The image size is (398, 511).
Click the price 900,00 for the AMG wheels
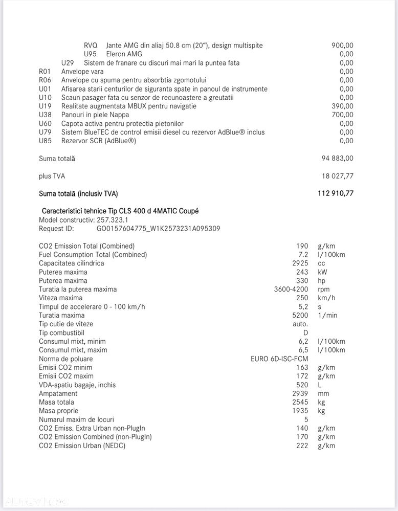(x=342, y=46)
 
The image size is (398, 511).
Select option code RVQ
(x=91, y=46)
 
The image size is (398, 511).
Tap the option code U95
(x=90, y=54)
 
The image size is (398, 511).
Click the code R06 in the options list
(x=45, y=80)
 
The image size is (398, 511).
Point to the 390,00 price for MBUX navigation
(x=342, y=106)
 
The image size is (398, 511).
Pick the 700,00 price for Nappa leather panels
(x=342, y=115)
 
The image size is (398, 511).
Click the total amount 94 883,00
(x=337, y=159)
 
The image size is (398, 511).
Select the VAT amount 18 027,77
(x=338, y=176)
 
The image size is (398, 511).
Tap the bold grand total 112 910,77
(x=336, y=193)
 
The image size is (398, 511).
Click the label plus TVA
(x=52, y=176)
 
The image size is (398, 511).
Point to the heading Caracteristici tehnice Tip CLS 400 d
(x=120, y=211)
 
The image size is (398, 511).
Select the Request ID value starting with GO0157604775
(x=158, y=229)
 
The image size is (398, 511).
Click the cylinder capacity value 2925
(x=300, y=263)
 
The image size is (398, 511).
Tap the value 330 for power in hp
(x=302, y=281)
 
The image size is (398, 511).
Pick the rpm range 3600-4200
(x=291, y=290)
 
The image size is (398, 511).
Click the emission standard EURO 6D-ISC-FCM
(x=279, y=359)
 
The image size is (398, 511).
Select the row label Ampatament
(x=58, y=394)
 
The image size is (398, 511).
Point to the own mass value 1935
(x=300, y=411)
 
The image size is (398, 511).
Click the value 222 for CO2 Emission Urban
(x=302, y=446)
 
